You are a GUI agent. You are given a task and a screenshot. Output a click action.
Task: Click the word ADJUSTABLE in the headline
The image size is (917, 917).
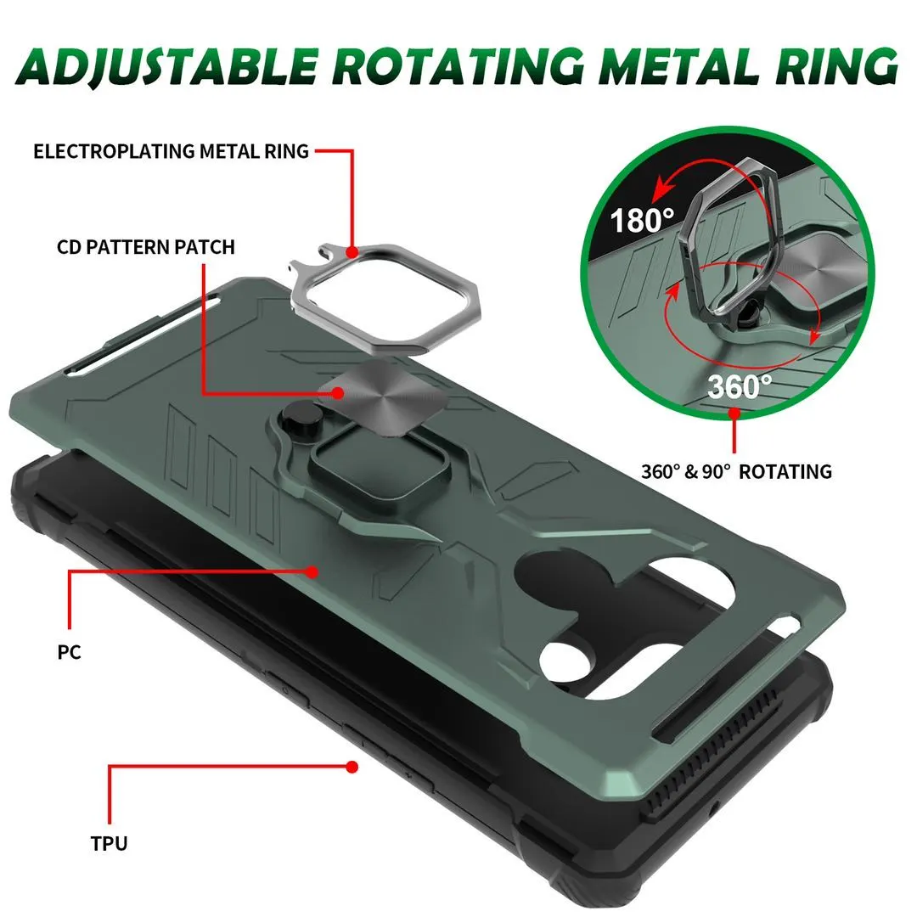pyautogui.click(x=170, y=66)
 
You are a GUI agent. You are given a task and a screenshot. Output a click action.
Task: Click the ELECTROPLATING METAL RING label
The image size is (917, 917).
pyautogui.click(x=171, y=151)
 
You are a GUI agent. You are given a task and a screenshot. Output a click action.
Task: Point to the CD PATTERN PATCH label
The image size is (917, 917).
pyautogui.click(x=146, y=247)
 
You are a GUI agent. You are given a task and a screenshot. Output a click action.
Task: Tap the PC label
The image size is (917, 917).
pyautogui.click(x=69, y=652)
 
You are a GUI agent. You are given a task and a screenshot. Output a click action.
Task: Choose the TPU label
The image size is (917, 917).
pyautogui.click(x=109, y=843)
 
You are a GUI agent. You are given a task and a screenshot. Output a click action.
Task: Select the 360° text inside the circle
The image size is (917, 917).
pyautogui.click(x=740, y=386)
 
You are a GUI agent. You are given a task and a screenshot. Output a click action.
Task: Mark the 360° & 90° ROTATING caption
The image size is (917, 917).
pyautogui.click(x=736, y=471)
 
